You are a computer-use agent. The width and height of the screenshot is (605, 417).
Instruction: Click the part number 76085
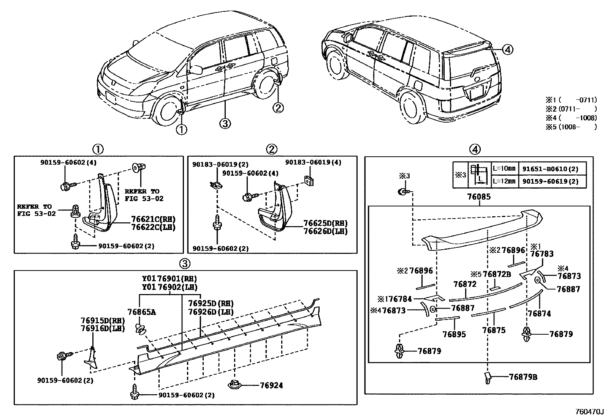point(479,197)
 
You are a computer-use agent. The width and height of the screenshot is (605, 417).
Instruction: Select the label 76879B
point(523,377)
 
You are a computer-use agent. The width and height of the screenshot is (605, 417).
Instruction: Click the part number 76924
point(271,386)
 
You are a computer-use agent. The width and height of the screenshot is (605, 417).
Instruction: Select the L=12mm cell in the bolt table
point(504,181)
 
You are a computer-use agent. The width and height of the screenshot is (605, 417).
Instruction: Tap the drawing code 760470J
point(589,411)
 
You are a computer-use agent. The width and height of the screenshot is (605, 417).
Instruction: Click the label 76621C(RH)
point(154,219)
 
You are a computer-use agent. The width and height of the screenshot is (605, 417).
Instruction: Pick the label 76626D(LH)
point(325,231)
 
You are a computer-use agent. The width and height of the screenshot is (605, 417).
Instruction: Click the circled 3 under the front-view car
point(225,123)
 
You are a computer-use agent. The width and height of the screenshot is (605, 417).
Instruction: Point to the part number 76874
point(539,313)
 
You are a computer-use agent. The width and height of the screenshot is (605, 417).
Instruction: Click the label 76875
point(494,330)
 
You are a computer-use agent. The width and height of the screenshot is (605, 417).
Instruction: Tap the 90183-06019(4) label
point(313,162)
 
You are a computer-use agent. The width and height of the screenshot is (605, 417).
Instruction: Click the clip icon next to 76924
point(234,384)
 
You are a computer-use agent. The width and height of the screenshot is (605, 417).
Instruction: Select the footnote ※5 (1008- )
point(571,127)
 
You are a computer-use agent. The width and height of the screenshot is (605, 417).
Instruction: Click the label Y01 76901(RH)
point(169,279)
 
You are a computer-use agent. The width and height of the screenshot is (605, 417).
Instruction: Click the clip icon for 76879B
point(488,378)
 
